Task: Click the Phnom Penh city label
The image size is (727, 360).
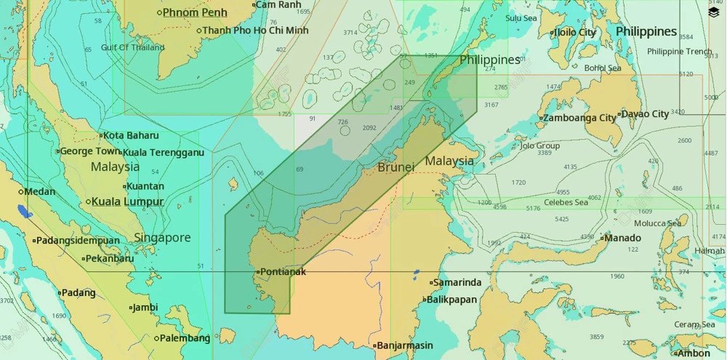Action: click(x=194, y=12)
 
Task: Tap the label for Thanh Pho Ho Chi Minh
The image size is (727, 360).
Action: click(x=255, y=31)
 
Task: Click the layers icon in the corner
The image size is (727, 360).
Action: click(x=713, y=12)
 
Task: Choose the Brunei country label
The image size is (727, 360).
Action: click(x=396, y=167)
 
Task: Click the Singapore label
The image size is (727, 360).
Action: click(x=162, y=238)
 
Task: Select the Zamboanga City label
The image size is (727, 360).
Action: click(x=579, y=118)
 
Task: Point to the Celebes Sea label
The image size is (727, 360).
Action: click(x=566, y=202)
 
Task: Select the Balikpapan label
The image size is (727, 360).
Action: click(x=451, y=300)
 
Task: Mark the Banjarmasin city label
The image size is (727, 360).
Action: click(x=404, y=345)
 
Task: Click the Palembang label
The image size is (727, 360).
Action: click(x=186, y=338)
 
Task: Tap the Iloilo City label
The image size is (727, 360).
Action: click(x=575, y=33)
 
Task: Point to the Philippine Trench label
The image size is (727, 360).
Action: click(x=680, y=52)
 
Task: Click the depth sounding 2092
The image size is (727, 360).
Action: click(x=369, y=127)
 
